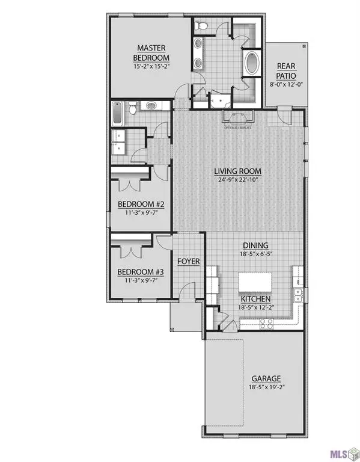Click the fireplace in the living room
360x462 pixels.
(239, 116)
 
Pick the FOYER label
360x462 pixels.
(188, 262)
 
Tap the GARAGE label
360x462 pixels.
(266, 378)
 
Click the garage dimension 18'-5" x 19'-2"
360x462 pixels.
(266, 387)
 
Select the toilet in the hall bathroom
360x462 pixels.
(150, 106)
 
